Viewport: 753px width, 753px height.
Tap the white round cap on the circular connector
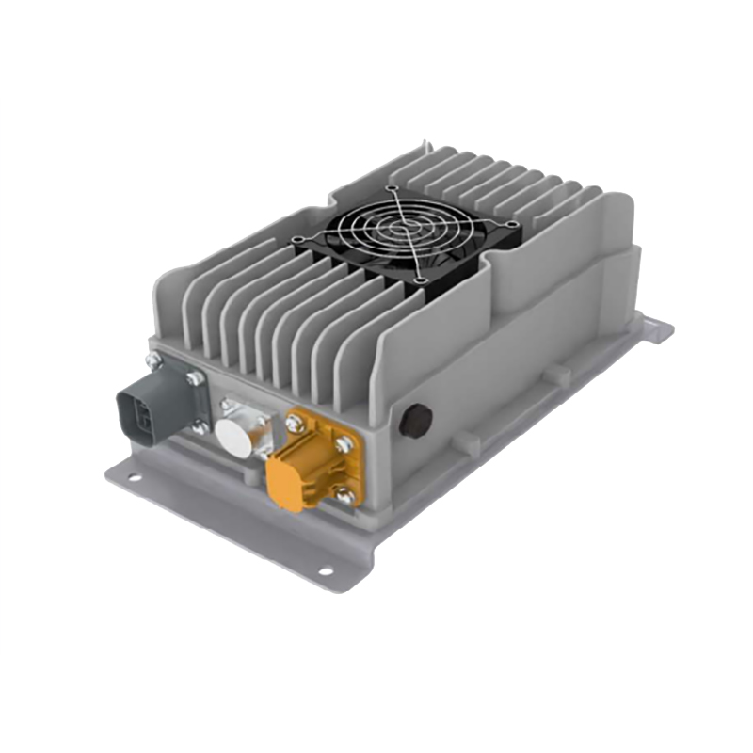tap(232, 437)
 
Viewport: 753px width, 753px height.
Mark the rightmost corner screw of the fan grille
tap(513, 224)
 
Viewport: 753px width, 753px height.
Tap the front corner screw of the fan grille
tap(418, 280)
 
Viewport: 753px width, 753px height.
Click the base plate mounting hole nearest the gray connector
tap(135, 477)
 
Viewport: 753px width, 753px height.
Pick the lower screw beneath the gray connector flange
tap(199, 429)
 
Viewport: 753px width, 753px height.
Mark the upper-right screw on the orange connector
tap(346, 443)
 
